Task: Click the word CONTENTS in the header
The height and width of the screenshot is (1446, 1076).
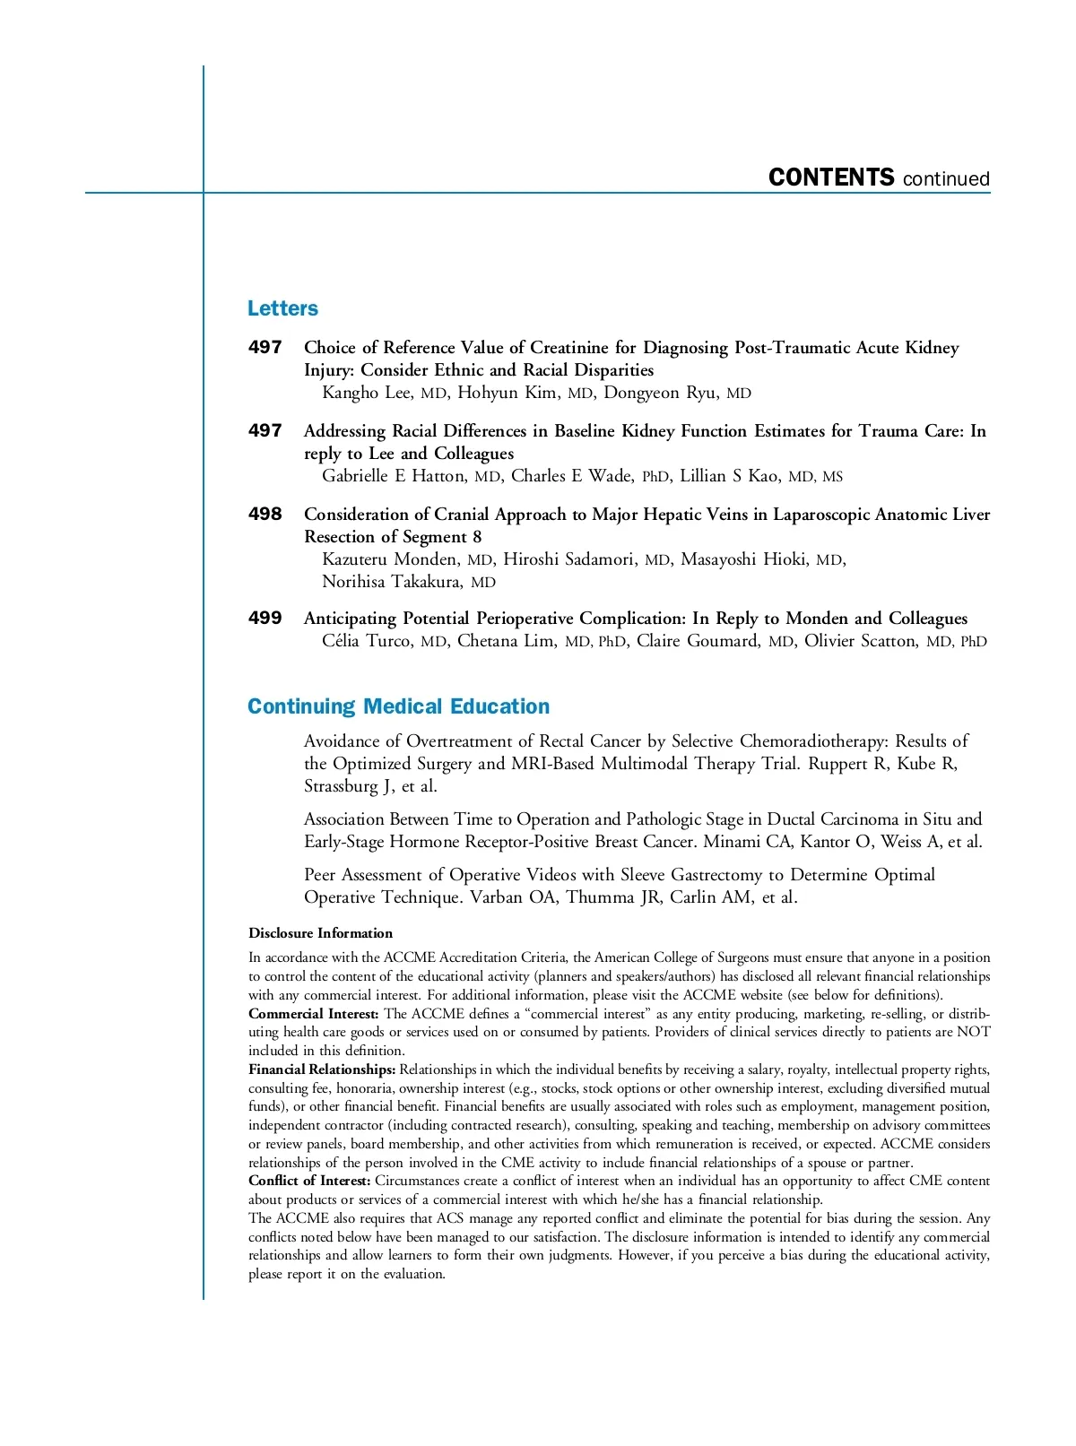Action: (x=831, y=178)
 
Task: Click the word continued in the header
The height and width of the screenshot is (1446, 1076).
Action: (x=946, y=179)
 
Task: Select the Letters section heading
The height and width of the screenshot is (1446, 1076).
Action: (x=282, y=308)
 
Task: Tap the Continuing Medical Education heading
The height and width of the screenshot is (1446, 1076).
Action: (x=398, y=706)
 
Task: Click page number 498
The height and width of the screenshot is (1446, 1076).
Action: (x=265, y=514)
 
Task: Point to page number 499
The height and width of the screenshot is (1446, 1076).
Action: (x=265, y=618)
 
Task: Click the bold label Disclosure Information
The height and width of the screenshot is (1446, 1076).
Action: (x=320, y=933)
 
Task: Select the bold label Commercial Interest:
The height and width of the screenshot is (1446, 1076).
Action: (x=314, y=1014)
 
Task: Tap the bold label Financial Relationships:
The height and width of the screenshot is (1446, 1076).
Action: (x=322, y=1069)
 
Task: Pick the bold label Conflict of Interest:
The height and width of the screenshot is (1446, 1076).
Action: (x=309, y=1181)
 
